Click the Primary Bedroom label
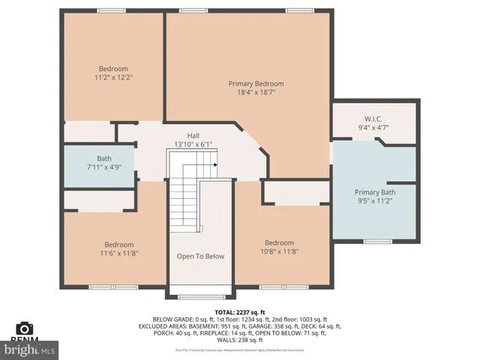pos(256,83)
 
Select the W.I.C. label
pos(373,118)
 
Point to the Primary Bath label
pos(374,192)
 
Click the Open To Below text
pos(200,256)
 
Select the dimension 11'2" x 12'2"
pos(113,77)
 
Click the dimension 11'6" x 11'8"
pos(118,253)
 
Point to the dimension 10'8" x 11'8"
pos(278,252)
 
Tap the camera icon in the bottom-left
pos(24,328)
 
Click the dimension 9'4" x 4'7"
pos(373,128)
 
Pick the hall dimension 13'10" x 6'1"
pos(193,144)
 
